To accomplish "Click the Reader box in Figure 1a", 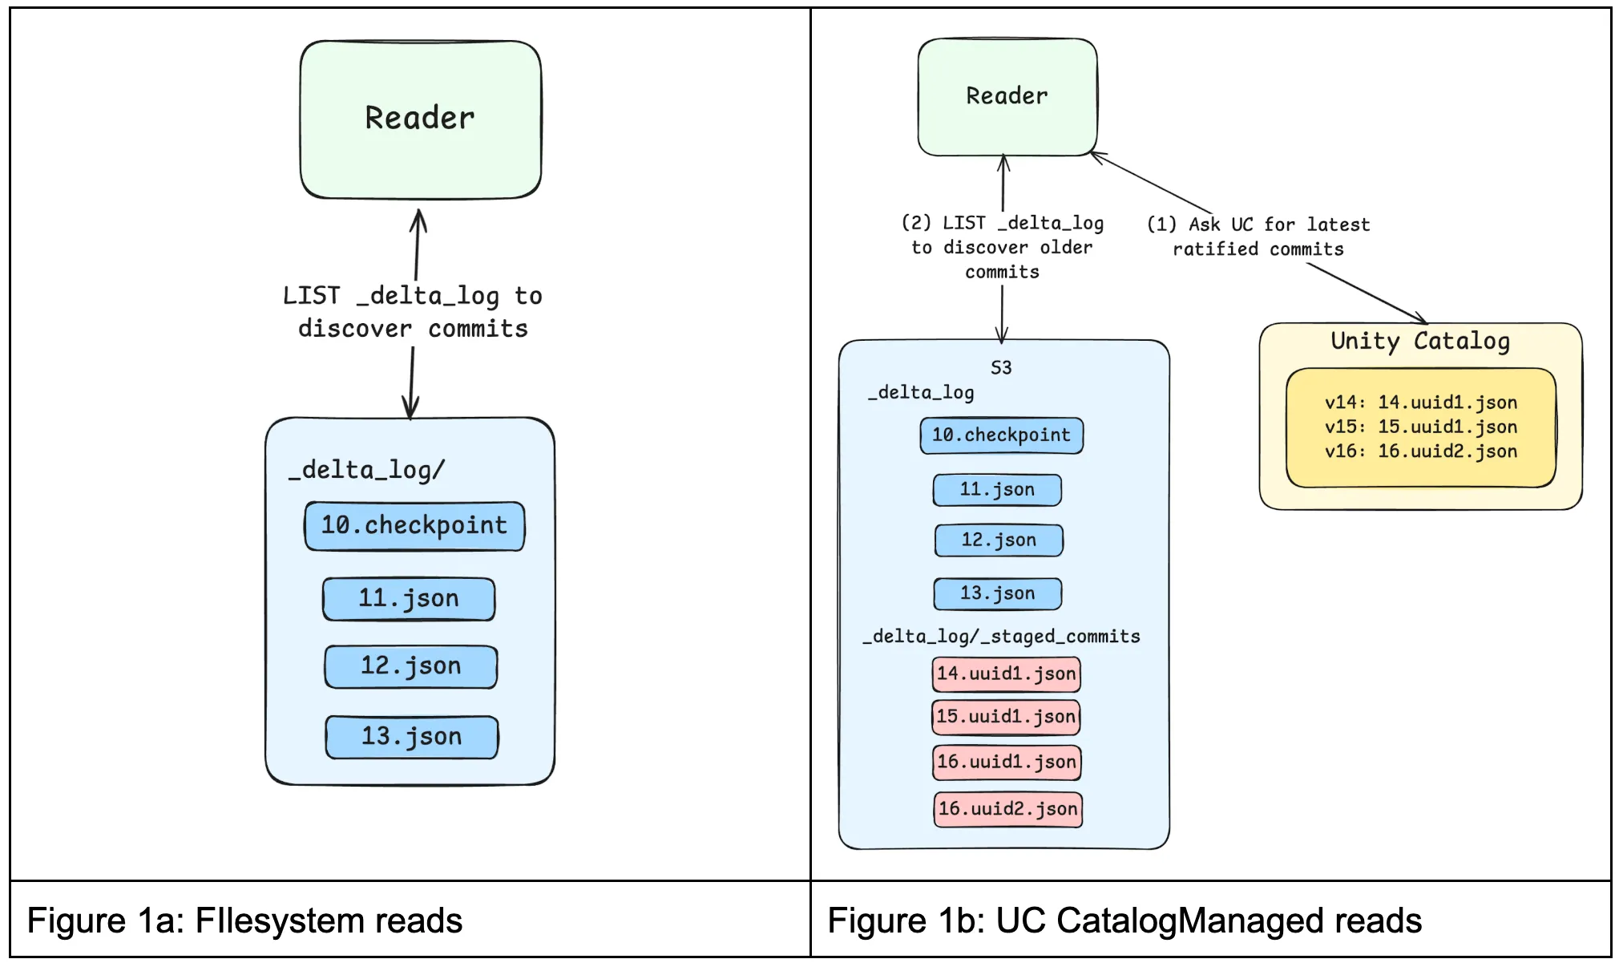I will (420, 119).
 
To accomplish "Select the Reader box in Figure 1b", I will (1007, 96).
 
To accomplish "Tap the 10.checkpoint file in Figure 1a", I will (414, 526).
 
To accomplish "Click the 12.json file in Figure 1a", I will (410, 666).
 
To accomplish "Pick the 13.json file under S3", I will (998, 593).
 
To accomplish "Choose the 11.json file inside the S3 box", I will (997, 489).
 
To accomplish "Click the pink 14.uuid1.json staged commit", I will (1006, 674).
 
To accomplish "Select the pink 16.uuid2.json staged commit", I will (1007, 809).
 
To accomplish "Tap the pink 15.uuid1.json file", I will (1006, 717).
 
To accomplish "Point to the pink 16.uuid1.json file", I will (1007, 762).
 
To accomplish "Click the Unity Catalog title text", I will (1420, 341).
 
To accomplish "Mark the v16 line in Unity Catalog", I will (1420, 451).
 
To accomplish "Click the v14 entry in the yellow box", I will (1420, 403).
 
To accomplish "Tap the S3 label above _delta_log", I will (1001, 368).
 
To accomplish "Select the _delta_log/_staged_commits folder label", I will (1001, 637).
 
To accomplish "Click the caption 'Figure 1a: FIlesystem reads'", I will (245, 920).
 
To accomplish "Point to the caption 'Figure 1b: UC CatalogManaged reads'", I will (1124, 920).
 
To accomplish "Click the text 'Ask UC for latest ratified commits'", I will (1258, 237).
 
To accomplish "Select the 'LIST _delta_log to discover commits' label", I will (413, 312).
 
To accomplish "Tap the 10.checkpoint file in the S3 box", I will (1001, 435).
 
